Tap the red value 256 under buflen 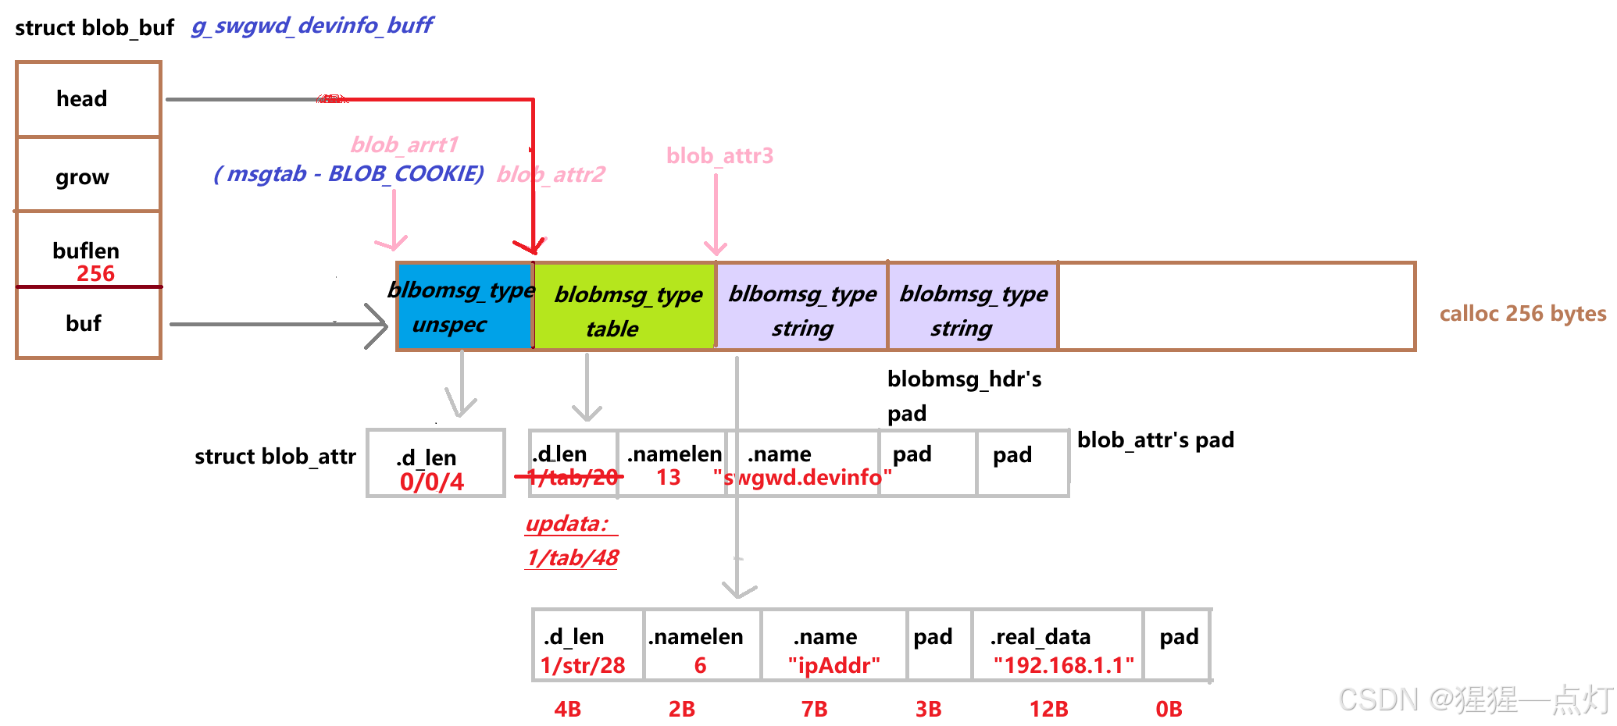(x=95, y=274)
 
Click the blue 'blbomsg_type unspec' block (x=465, y=307)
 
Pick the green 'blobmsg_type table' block (x=625, y=307)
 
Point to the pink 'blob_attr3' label (x=719, y=156)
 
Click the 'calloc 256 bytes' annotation (x=1522, y=314)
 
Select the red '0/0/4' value (x=432, y=482)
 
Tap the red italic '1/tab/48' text (x=572, y=557)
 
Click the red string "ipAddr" (x=833, y=665)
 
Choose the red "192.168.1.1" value (x=1063, y=665)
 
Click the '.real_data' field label (x=1040, y=637)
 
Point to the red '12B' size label (x=1048, y=709)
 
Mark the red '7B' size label (x=814, y=709)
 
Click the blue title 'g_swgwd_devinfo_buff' (x=312, y=26)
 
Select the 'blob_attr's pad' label (x=1155, y=440)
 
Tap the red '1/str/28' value (x=583, y=665)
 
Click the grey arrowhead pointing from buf (x=378, y=325)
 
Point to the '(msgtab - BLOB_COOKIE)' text (x=349, y=173)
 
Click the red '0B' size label (x=1169, y=709)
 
